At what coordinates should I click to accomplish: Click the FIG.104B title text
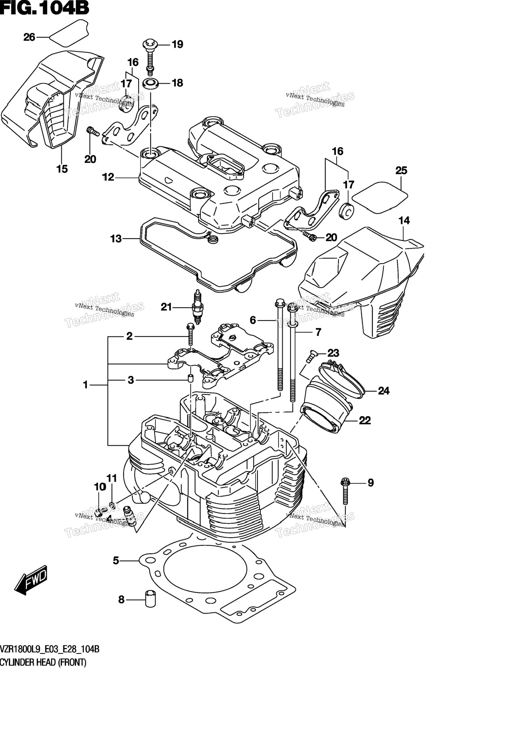45,8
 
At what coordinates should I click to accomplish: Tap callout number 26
29,37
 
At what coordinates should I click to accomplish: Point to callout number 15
62,169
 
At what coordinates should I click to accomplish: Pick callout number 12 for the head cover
108,177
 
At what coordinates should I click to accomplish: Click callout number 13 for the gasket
116,239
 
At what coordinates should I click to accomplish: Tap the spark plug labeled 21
197,307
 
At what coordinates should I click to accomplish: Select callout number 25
401,171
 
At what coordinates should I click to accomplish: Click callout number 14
404,221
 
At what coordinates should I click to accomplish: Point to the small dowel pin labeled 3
190,379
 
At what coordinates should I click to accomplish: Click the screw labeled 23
311,356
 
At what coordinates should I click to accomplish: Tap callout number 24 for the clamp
383,391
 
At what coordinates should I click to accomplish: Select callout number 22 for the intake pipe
365,421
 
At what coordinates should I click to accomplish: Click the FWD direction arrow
31,579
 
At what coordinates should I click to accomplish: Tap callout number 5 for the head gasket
116,561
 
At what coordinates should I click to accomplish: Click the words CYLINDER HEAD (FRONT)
43,663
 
